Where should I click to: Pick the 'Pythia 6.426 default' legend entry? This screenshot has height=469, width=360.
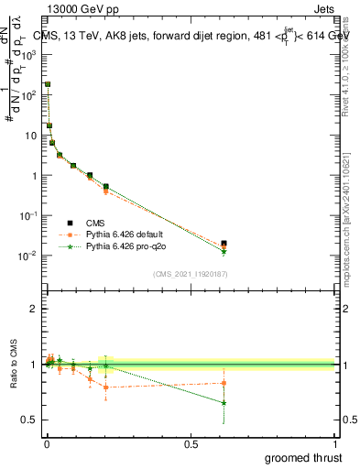coord(130,234)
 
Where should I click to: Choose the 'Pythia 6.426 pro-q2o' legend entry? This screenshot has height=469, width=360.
coord(130,247)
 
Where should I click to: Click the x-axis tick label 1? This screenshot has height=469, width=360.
coord(335,444)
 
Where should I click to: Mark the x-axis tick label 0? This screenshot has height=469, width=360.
coord(47,444)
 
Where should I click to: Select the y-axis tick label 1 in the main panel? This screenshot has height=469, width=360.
coord(35,175)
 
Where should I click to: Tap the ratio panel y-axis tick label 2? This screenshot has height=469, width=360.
coord(35,309)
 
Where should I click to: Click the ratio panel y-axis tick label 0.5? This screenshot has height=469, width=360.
coord(30,420)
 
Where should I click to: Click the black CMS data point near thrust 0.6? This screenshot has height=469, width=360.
coord(224,244)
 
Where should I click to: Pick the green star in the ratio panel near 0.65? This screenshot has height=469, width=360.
coord(224,403)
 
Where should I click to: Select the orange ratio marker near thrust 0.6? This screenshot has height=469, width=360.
coord(224,383)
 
